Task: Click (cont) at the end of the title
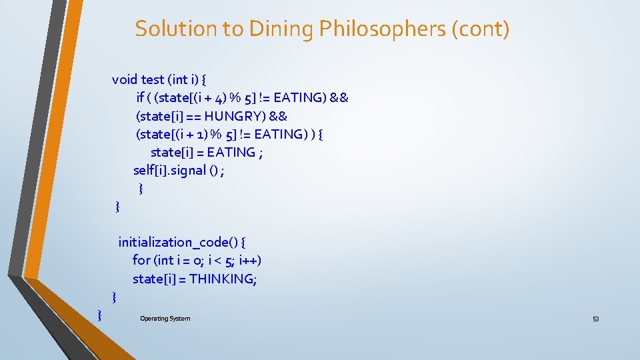click(483, 29)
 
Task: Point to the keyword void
click(125, 79)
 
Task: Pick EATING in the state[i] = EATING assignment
click(231, 152)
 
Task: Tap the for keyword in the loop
click(141, 260)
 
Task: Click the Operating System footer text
click(165, 319)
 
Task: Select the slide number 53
click(595, 319)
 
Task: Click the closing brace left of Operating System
click(99, 313)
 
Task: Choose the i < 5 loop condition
click(219, 260)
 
